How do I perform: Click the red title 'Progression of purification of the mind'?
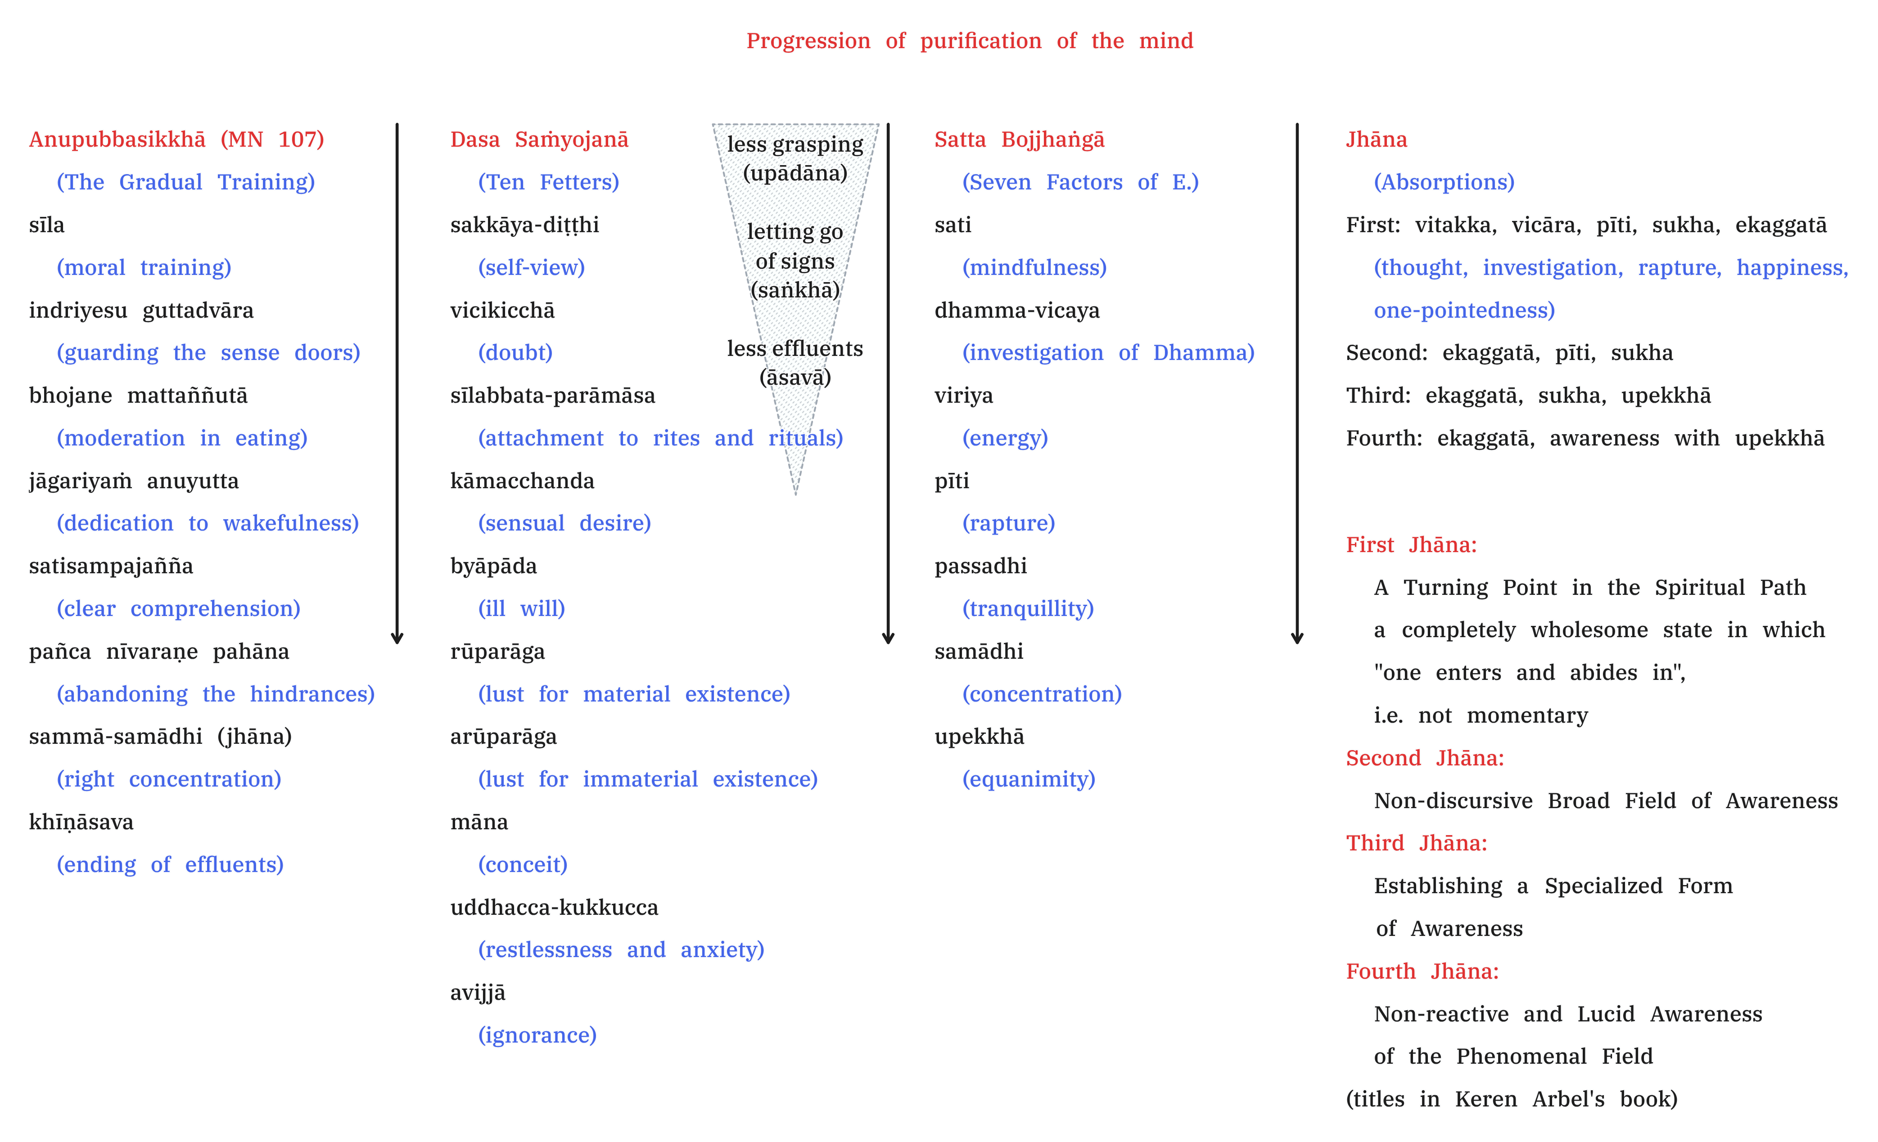click(970, 41)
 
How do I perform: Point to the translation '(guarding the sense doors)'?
click(208, 353)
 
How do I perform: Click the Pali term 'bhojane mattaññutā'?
click(138, 396)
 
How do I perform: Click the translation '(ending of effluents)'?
click(170, 865)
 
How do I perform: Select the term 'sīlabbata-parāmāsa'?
click(553, 396)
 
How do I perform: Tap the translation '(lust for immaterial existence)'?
click(648, 779)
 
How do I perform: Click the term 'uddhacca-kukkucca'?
click(554, 908)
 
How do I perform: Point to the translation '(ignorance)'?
click(537, 1035)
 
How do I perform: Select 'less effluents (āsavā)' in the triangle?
click(795, 363)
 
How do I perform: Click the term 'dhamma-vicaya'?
click(1017, 310)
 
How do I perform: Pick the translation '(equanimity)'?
click(1029, 779)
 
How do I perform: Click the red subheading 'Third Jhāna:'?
click(1416, 843)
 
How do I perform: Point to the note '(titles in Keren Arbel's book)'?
click(1512, 1099)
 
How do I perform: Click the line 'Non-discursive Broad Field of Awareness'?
click(1606, 800)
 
